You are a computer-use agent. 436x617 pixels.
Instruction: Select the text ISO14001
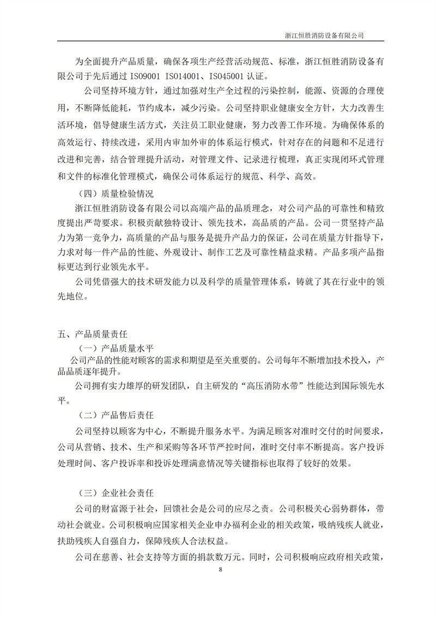(186, 76)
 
